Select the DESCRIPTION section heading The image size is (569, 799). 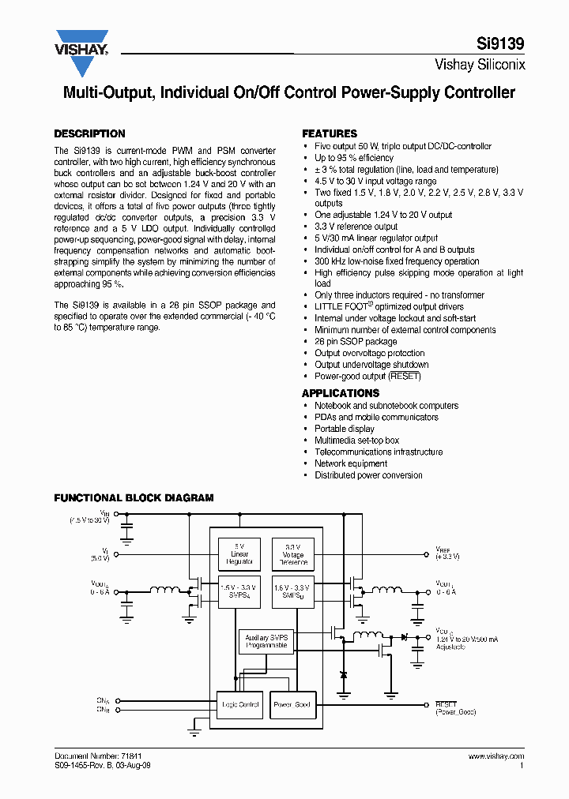pyautogui.click(x=89, y=133)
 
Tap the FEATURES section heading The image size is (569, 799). pyautogui.click(x=330, y=133)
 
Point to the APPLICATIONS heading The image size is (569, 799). pyautogui.click(x=341, y=392)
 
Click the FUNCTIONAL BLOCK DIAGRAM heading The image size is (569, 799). pyautogui.click(x=134, y=498)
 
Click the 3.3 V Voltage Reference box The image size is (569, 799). pyautogui.click(x=292, y=554)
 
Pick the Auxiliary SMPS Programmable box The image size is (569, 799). pyautogui.click(x=266, y=641)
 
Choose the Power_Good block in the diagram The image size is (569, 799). pyautogui.click(x=292, y=704)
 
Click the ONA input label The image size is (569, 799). pyautogui.click(x=104, y=700)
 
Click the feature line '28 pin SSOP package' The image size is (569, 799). pyautogui.click(x=356, y=342)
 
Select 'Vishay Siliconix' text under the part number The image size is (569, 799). pyautogui.click(x=480, y=66)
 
